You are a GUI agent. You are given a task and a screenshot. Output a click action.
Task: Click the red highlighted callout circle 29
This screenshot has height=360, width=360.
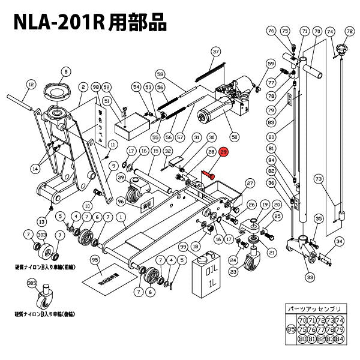[x=224, y=153]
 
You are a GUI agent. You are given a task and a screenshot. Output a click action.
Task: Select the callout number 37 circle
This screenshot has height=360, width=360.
[x=216, y=52]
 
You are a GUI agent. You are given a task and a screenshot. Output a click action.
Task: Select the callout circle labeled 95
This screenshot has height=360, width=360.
[x=94, y=260]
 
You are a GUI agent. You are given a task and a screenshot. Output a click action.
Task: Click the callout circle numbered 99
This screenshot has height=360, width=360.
[x=184, y=247]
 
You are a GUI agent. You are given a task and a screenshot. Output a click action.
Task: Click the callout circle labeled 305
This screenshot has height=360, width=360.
[x=32, y=284]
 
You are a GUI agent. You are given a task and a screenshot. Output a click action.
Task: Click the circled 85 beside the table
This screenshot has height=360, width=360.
[x=290, y=329]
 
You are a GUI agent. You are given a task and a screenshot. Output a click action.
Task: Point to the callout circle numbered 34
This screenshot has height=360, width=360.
[x=339, y=241]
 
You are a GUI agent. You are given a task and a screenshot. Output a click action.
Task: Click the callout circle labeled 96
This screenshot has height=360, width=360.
[x=121, y=201]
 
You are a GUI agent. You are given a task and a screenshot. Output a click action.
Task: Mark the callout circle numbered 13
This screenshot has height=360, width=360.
[x=43, y=221]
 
